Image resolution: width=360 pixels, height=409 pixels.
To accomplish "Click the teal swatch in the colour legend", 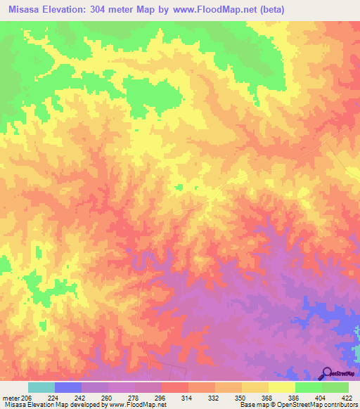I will pos(41,387).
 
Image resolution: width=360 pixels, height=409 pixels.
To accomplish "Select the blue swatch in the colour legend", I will pos(68,387).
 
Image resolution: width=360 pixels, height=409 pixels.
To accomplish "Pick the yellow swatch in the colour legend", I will pos(281,387).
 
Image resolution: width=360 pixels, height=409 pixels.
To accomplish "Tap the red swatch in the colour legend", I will pos(175,387).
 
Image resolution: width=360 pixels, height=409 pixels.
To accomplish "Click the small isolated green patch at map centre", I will pos(179,186).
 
